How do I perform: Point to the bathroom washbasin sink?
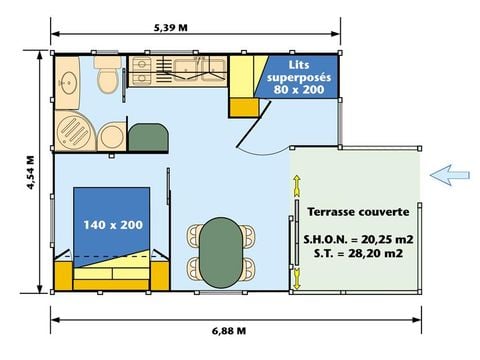point(69,81)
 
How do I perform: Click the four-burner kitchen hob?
point(142,69)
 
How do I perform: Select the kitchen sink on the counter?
point(193,69)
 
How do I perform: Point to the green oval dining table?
point(219,251)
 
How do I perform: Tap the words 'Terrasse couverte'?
point(357,212)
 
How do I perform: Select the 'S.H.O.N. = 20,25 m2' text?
point(357,240)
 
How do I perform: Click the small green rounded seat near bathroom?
point(149,136)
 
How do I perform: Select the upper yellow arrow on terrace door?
point(297,186)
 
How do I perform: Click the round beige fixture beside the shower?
point(111,135)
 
